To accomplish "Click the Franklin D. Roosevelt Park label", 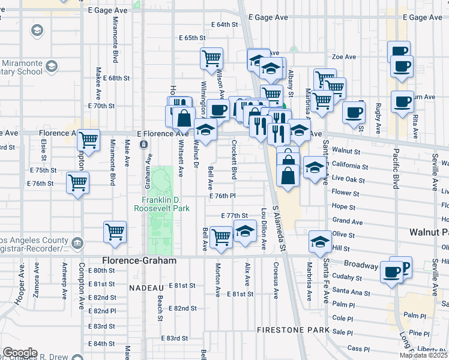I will click(x=166, y=204).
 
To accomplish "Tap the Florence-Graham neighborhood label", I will click(x=139, y=261).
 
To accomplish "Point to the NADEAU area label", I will click(x=144, y=288).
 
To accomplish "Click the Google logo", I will click(x=20, y=353).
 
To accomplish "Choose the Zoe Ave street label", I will click(x=344, y=57).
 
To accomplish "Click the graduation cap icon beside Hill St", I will click(x=320, y=242).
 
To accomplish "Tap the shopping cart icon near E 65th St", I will click(x=211, y=59).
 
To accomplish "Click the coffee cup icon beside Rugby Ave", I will click(x=354, y=111).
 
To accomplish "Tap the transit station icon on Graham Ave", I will click(x=144, y=145).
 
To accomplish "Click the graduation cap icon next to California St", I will click(x=313, y=167).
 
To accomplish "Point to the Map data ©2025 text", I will click(x=424, y=355).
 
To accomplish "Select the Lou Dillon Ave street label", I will click(x=263, y=229).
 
